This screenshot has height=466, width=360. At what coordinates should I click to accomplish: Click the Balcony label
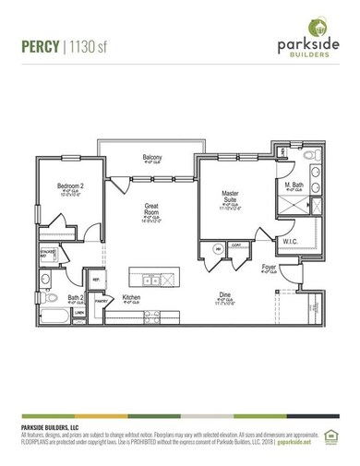point(153,158)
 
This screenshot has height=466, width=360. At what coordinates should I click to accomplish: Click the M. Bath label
point(295,185)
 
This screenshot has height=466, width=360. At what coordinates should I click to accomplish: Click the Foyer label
point(269,267)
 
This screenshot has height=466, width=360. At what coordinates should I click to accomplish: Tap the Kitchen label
point(132,297)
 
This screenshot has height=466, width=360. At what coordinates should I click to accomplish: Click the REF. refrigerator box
point(96,278)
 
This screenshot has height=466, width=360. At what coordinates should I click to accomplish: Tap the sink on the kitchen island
point(151,280)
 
